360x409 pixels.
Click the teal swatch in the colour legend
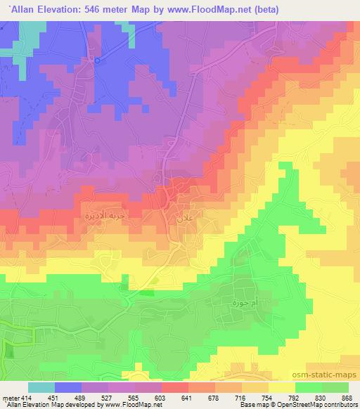(x=41, y=387)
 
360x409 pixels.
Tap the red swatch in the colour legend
(x=175, y=387)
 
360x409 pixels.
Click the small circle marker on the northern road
(x=98, y=60)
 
